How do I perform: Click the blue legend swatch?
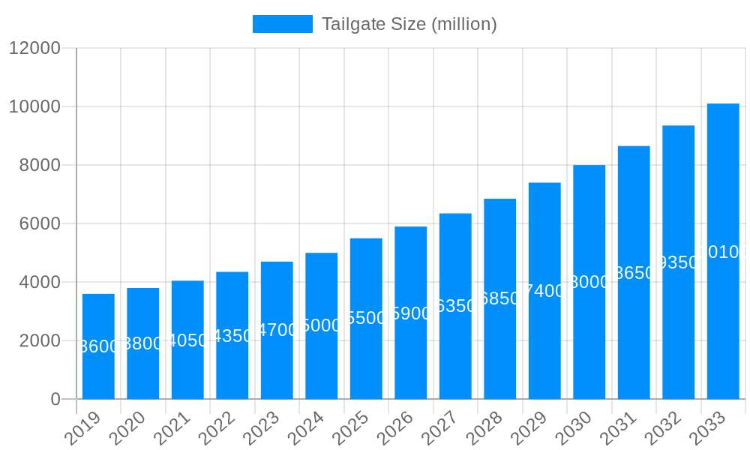click(282, 24)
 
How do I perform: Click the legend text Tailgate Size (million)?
click(409, 24)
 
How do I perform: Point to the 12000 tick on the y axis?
click(34, 48)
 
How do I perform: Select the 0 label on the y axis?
click(55, 399)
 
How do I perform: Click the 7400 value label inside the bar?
click(544, 291)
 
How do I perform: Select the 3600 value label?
click(98, 346)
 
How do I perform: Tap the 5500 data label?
click(366, 318)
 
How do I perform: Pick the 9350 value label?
click(678, 262)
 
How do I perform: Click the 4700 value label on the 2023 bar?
click(277, 330)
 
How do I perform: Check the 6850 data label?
click(500, 298)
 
